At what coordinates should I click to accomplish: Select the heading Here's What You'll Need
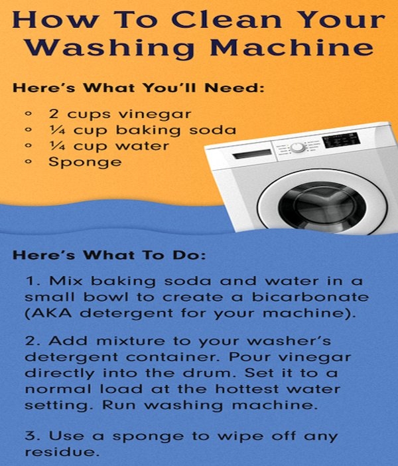pos(138,88)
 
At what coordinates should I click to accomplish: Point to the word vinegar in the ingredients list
pos(155,115)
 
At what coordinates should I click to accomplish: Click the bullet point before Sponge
pos(29,162)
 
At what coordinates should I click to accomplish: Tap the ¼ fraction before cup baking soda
pos(57,130)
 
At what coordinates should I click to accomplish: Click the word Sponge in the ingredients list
pos(85,163)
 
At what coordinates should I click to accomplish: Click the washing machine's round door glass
pos(322,207)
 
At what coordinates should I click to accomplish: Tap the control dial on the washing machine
pos(297,147)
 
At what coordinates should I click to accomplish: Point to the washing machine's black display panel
pos(341,140)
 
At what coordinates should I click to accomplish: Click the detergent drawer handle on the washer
pos(252,155)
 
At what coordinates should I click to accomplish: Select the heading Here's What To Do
pos(109,256)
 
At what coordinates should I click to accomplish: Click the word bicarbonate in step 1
pos(310,297)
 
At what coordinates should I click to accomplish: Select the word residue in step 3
pos(62,452)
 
